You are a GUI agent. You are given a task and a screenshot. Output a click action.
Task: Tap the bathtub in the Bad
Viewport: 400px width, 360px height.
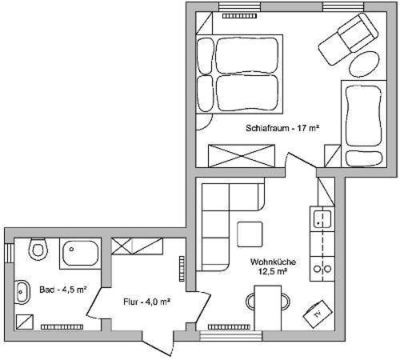(80, 254)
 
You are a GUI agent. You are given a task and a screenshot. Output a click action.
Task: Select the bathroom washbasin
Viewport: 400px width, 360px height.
(22, 292)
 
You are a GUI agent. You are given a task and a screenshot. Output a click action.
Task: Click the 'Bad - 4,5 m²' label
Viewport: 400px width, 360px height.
(63, 290)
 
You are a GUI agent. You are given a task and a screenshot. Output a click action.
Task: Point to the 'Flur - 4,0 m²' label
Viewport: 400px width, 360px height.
(147, 302)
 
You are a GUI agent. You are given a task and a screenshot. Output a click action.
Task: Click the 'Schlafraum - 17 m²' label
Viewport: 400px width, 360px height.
(282, 128)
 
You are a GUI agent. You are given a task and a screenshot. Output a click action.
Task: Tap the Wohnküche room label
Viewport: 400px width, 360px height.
(273, 266)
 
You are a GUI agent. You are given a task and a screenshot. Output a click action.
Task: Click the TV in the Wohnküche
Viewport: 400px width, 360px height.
(318, 314)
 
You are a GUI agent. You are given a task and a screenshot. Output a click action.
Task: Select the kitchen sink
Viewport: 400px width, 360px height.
(322, 219)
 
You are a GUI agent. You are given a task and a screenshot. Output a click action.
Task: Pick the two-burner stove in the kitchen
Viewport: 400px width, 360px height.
(322, 269)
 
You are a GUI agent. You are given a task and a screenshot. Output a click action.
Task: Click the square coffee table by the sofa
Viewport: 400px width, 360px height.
(250, 234)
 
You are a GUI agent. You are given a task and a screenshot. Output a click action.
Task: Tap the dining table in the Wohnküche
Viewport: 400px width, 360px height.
(268, 308)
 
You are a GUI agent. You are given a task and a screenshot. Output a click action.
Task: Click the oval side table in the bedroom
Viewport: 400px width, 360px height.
(364, 64)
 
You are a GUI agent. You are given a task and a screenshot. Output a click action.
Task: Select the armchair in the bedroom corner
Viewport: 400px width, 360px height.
(348, 39)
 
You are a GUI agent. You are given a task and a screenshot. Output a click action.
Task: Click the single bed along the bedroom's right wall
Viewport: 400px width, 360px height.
(364, 124)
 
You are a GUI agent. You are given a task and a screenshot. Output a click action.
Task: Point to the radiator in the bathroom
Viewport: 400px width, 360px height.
(62, 327)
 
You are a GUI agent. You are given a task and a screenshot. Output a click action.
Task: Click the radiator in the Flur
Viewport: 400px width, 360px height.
(182, 269)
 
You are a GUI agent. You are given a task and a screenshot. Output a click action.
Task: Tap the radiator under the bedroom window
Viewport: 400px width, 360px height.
(239, 16)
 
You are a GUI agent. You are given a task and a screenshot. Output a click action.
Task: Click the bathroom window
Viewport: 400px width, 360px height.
(10, 254)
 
